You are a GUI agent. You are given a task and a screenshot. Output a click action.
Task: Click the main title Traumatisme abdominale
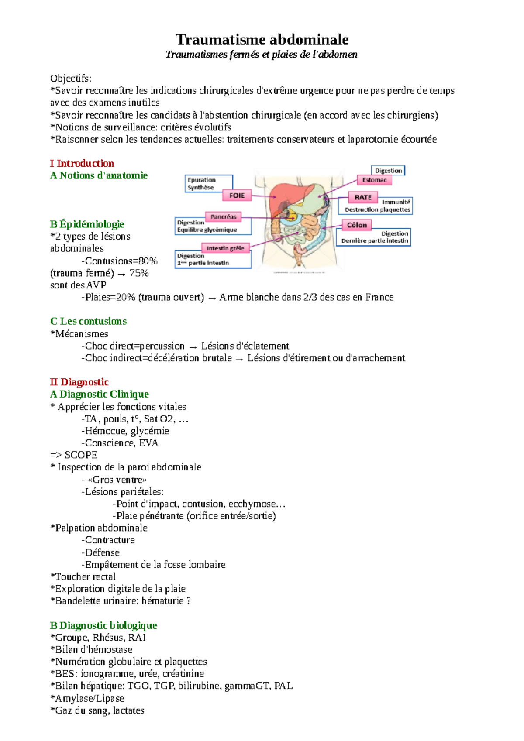[x=262, y=40]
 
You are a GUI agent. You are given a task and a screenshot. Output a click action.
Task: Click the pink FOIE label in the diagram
[x=237, y=195]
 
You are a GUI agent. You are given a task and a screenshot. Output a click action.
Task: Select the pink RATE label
[x=362, y=197]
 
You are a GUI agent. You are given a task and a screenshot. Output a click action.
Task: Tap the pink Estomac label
[x=374, y=180]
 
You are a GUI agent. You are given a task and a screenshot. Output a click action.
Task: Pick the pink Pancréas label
[x=223, y=216]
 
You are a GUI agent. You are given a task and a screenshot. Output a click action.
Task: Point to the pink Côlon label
[x=357, y=225]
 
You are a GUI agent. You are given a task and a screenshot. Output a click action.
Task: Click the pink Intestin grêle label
[x=225, y=248]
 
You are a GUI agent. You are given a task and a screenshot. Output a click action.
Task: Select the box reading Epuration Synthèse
[x=209, y=184]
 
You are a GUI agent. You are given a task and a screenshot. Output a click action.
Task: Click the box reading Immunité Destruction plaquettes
[x=376, y=206]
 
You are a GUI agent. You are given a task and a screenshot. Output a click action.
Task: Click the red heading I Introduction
[x=82, y=163]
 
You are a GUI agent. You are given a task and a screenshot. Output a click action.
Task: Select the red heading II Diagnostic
[x=79, y=382]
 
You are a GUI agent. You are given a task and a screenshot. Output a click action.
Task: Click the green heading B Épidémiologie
[x=87, y=224]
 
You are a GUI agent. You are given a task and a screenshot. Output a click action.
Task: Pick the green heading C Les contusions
[x=88, y=321]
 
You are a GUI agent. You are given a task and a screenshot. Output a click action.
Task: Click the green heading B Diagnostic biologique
[x=103, y=625]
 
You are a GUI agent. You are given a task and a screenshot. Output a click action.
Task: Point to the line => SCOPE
[x=74, y=455]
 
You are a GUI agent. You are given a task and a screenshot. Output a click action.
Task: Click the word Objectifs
[x=71, y=79]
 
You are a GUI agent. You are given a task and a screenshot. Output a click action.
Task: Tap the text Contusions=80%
[x=121, y=261]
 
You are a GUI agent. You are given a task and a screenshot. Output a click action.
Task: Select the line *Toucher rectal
[x=83, y=576]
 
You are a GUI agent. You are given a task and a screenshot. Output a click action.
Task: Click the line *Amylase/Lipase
[x=87, y=698]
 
